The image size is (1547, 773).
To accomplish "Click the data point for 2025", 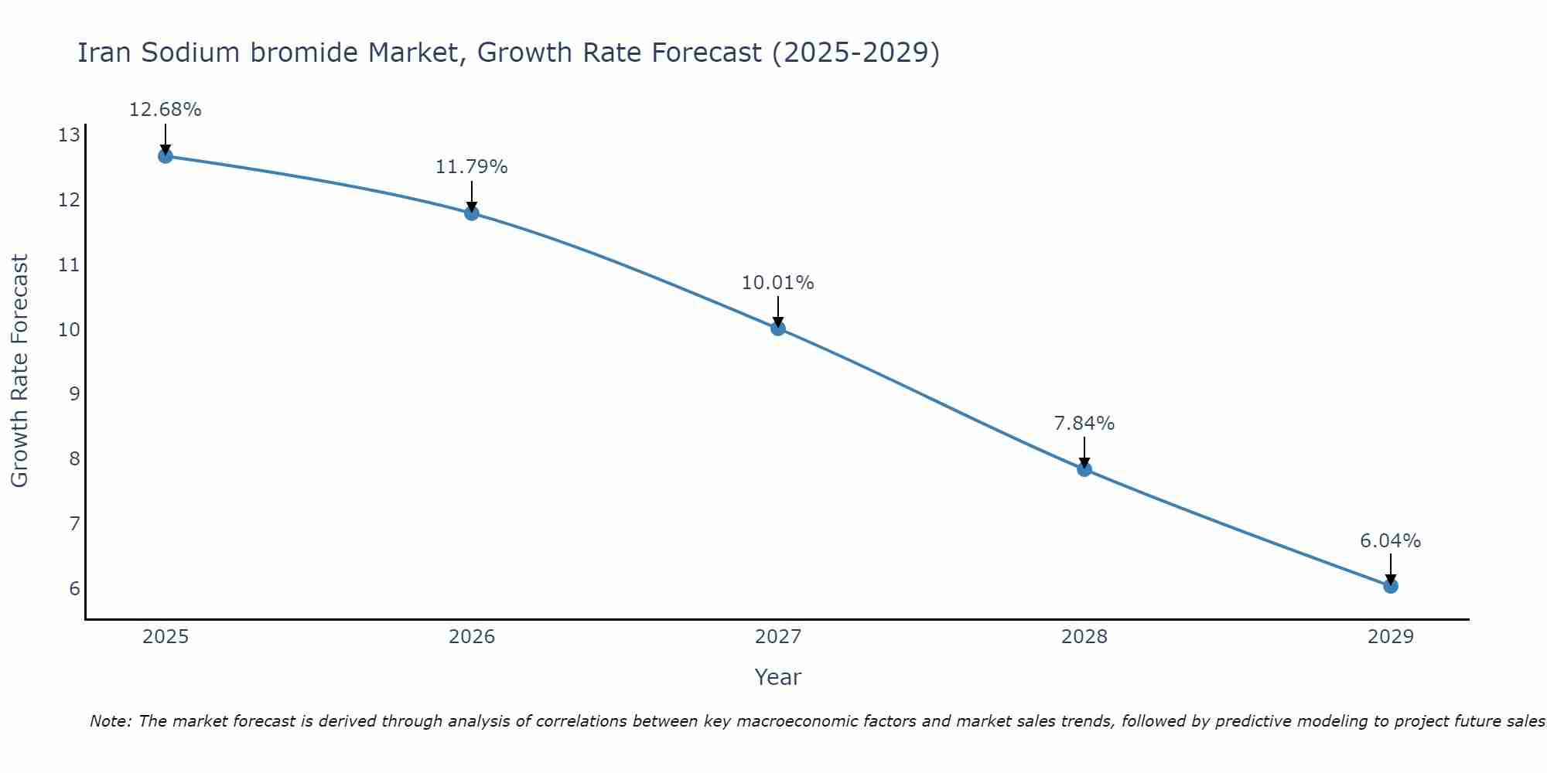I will pyautogui.click(x=165, y=156).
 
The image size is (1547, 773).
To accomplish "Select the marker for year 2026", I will pyautogui.click(x=471, y=213).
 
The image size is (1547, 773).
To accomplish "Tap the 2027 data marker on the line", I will pyautogui.click(x=777, y=329).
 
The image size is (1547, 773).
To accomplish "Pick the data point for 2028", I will pyautogui.click(x=1084, y=469).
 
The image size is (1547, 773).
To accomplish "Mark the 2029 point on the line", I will pyautogui.click(x=1390, y=586).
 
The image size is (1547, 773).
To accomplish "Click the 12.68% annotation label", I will pyautogui.click(x=165, y=110).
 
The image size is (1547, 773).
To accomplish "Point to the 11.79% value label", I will pyautogui.click(x=471, y=167).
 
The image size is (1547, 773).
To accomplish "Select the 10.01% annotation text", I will pyautogui.click(x=777, y=283).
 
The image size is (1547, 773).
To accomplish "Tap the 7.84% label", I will pyautogui.click(x=1084, y=424).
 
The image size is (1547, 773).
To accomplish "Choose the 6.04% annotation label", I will pyautogui.click(x=1390, y=541).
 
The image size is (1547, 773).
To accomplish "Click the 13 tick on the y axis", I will pyautogui.click(x=69, y=136).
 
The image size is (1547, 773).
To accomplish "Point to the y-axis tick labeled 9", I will pyautogui.click(x=74, y=394).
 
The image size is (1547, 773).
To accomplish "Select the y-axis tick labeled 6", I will pyautogui.click(x=74, y=589).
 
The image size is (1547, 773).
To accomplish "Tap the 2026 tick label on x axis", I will pyautogui.click(x=471, y=637).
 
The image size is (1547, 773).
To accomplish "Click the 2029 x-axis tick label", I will pyautogui.click(x=1390, y=637).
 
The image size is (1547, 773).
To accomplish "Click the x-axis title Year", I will pyautogui.click(x=777, y=677).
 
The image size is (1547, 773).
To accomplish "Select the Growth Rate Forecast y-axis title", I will pyautogui.click(x=20, y=371).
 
